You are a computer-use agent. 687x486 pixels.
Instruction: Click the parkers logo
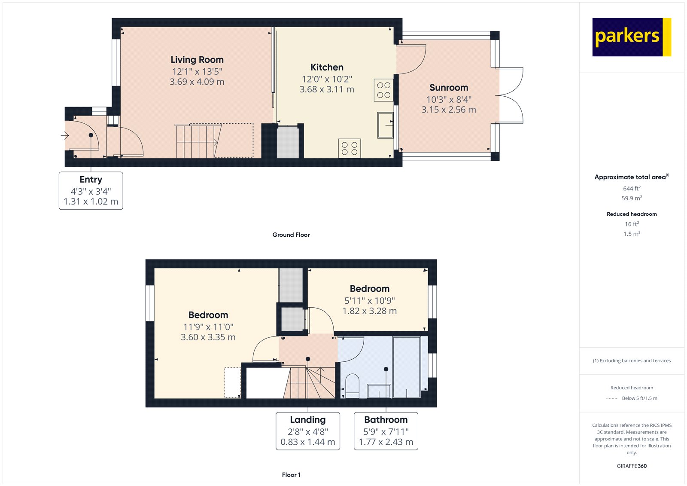[x=632, y=37]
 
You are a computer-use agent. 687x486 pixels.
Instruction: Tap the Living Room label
[x=197, y=60]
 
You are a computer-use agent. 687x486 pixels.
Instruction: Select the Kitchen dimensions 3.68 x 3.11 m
[x=327, y=89]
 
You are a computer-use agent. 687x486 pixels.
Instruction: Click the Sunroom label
[x=449, y=88]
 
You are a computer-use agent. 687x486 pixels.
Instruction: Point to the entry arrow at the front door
[x=65, y=135]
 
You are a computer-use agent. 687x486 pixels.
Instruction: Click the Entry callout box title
[x=91, y=179]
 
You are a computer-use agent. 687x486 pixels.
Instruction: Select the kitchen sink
[x=385, y=125]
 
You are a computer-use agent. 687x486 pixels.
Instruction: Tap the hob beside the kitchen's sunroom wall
[x=384, y=90]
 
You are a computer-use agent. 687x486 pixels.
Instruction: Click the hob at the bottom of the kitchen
[x=350, y=148]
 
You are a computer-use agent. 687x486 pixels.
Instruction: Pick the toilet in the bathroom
[x=353, y=385]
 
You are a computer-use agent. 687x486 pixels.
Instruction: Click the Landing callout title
[x=308, y=420]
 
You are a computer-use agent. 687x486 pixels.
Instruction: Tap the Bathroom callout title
[x=386, y=420]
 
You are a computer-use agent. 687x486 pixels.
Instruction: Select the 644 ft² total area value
[x=632, y=188]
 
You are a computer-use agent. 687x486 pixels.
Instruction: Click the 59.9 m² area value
[x=632, y=198]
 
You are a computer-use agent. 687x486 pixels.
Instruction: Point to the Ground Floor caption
[x=291, y=235]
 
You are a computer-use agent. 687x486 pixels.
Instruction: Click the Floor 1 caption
[x=291, y=475]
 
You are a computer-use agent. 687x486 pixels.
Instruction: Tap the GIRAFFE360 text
[x=632, y=466]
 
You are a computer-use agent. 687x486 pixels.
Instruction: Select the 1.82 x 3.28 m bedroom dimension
[x=370, y=311]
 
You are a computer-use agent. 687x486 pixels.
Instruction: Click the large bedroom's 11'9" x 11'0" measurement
[x=208, y=327]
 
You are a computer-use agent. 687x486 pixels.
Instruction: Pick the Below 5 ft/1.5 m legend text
[x=639, y=398]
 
